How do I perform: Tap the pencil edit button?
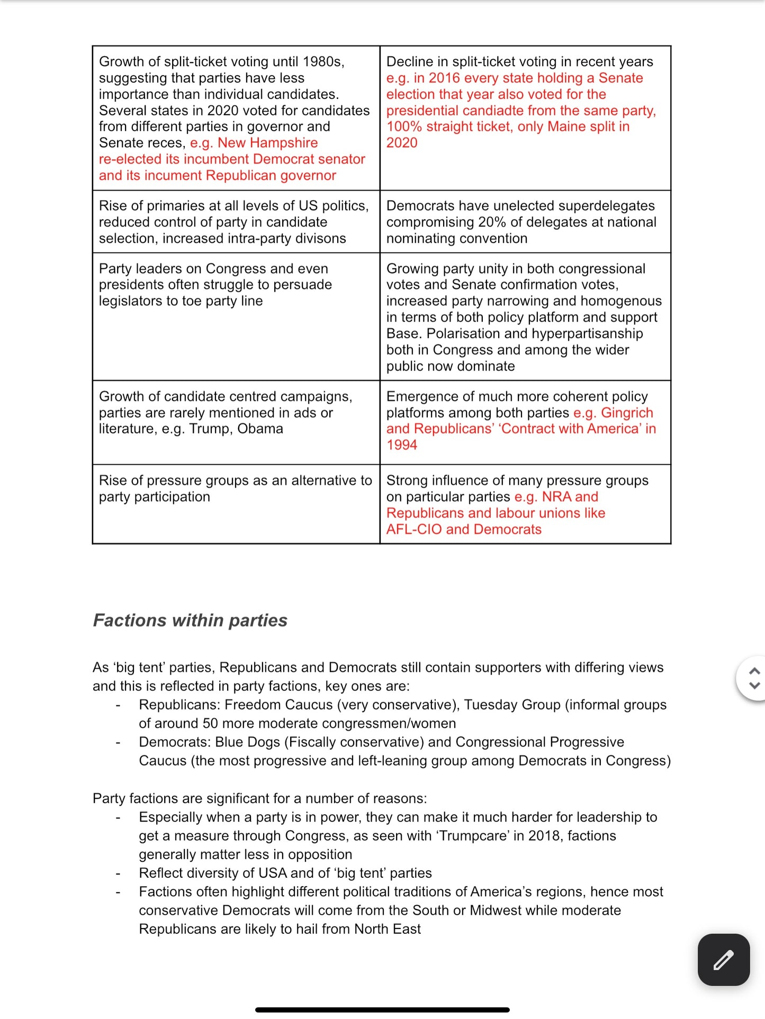pos(723,960)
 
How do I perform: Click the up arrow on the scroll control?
pos(755,671)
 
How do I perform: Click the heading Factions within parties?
pos(190,620)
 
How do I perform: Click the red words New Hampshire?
pos(267,143)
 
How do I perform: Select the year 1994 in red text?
pos(401,445)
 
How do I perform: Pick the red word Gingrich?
pos(627,413)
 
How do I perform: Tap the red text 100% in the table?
pos(403,126)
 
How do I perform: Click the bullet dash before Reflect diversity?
pos(118,874)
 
